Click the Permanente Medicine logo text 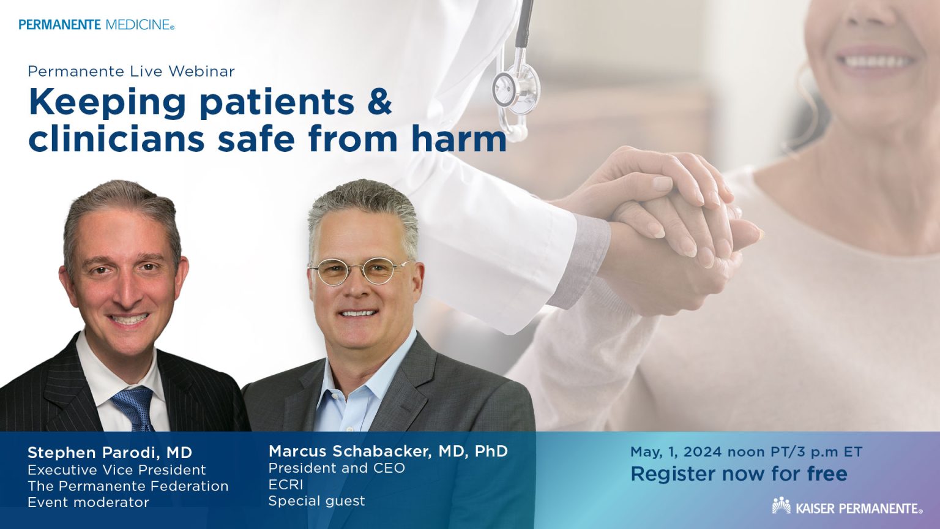click(x=96, y=25)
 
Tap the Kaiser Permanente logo click(x=847, y=507)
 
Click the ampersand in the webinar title click(x=379, y=102)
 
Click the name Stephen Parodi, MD click(x=110, y=453)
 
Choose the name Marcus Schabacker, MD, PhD click(x=388, y=451)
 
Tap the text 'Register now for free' click(x=739, y=474)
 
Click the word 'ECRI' click(x=286, y=484)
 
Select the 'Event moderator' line click(x=88, y=502)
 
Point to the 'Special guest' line click(x=316, y=501)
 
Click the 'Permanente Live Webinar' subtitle click(x=131, y=71)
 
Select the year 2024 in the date click(x=703, y=452)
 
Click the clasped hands click(x=673, y=220)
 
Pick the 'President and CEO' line click(x=337, y=468)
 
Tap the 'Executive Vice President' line click(x=116, y=470)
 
